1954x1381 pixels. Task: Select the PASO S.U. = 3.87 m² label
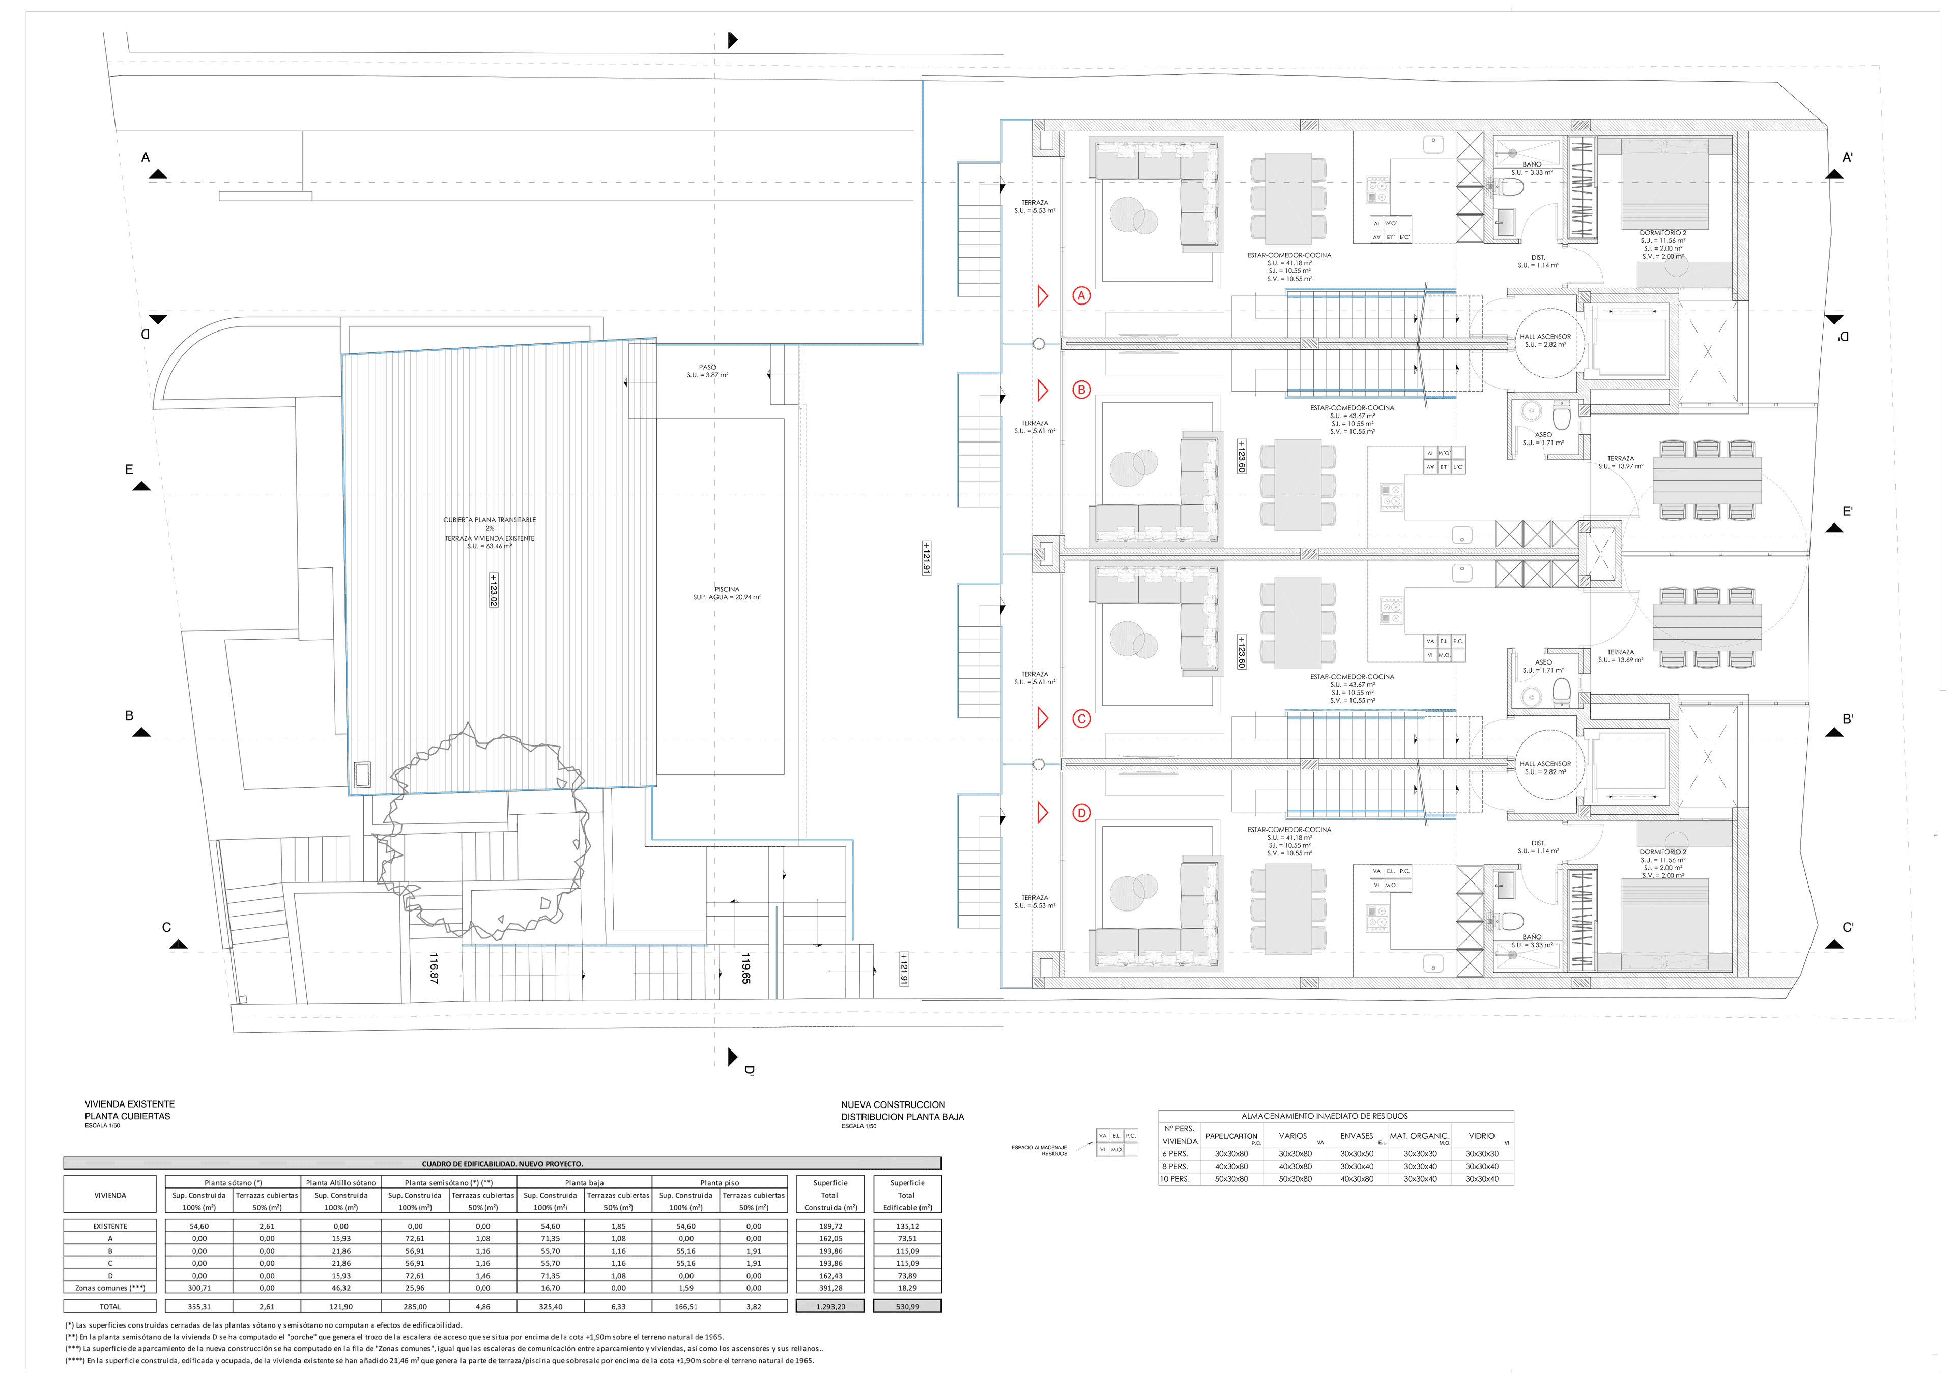[x=707, y=371]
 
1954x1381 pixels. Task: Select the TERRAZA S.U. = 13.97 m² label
[x=1620, y=462]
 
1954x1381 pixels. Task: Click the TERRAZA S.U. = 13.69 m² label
[x=1620, y=655]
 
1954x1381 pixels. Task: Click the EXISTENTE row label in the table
[x=110, y=1226]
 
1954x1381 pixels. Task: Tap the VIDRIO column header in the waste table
[x=1481, y=1136]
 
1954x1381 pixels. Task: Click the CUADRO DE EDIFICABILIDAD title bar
[x=502, y=1163]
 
